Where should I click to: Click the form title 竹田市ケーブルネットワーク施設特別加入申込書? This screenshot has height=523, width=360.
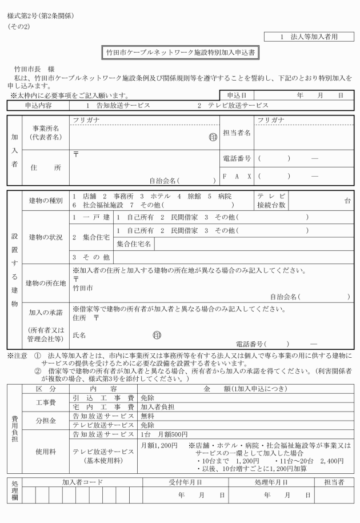tap(180, 52)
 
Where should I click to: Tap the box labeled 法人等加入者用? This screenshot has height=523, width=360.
tap(309, 37)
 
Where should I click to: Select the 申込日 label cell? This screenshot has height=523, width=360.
tap(236, 95)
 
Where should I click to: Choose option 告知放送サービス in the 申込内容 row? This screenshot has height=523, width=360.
tap(118, 106)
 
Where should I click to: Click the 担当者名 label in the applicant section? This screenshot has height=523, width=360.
tap(237, 133)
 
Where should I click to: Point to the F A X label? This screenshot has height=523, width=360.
tap(237, 176)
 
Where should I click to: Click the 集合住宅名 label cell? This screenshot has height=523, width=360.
tap(134, 244)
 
